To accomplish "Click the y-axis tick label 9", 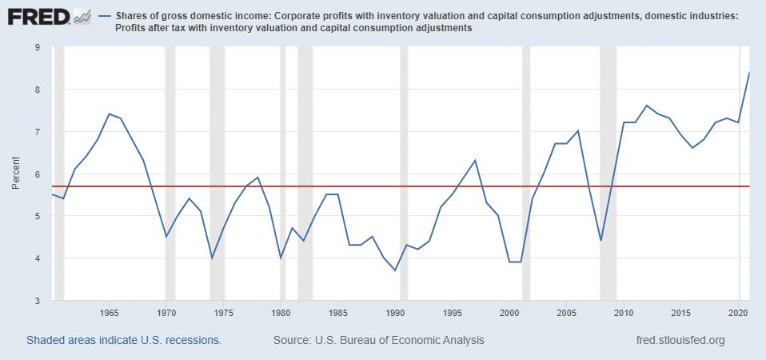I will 38,47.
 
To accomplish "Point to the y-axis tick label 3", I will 38,301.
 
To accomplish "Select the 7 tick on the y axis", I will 38,132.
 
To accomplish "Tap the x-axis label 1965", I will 110,313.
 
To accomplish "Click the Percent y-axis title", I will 17,174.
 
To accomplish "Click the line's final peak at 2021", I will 748,73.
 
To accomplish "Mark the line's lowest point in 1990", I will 395,270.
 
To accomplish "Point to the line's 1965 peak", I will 110,114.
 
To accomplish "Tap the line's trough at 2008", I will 600,241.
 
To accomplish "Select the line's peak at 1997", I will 475,161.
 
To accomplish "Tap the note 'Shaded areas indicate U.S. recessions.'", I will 124,341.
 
